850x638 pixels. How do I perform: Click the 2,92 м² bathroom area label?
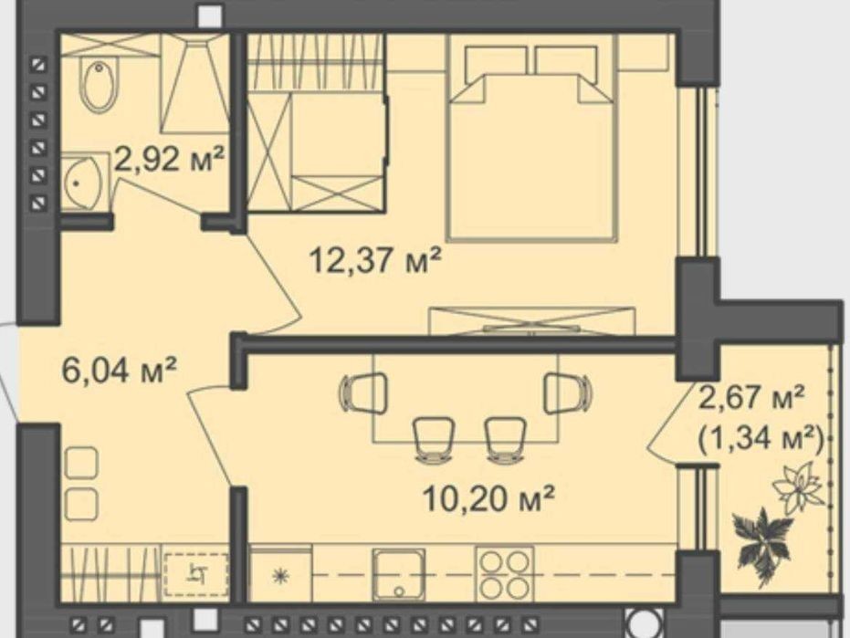click(x=170, y=160)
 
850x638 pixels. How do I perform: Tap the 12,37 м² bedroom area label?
click(x=375, y=259)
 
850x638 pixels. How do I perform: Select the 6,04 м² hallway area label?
click(x=120, y=371)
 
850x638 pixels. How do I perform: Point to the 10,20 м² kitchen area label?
click(x=488, y=498)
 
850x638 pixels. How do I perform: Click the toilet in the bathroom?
click(x=98, y=86)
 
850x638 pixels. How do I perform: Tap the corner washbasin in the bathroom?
click(x=82, y=183)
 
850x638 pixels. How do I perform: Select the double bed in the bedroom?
click(x=531, y=143)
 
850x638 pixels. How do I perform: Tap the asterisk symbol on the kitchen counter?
click(x=281, y=576)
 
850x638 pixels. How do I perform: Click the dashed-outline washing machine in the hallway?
click(x=196, y=575)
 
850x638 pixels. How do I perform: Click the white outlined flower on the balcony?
click(x=798, y=486)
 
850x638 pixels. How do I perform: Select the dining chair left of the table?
click(x=363, y=393)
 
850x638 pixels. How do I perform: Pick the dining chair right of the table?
click(x=568, y=393)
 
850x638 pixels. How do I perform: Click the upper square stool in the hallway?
click(x=81, y=464)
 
